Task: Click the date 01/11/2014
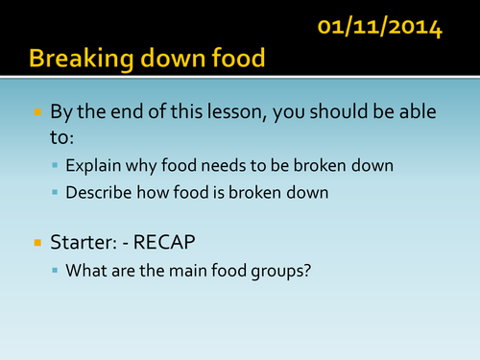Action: pyautogui.click(x=380, y=28)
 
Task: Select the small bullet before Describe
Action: pyautogui.click(x=56, y=193)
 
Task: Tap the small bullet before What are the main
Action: pyautogui.click(x=56, y=270)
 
